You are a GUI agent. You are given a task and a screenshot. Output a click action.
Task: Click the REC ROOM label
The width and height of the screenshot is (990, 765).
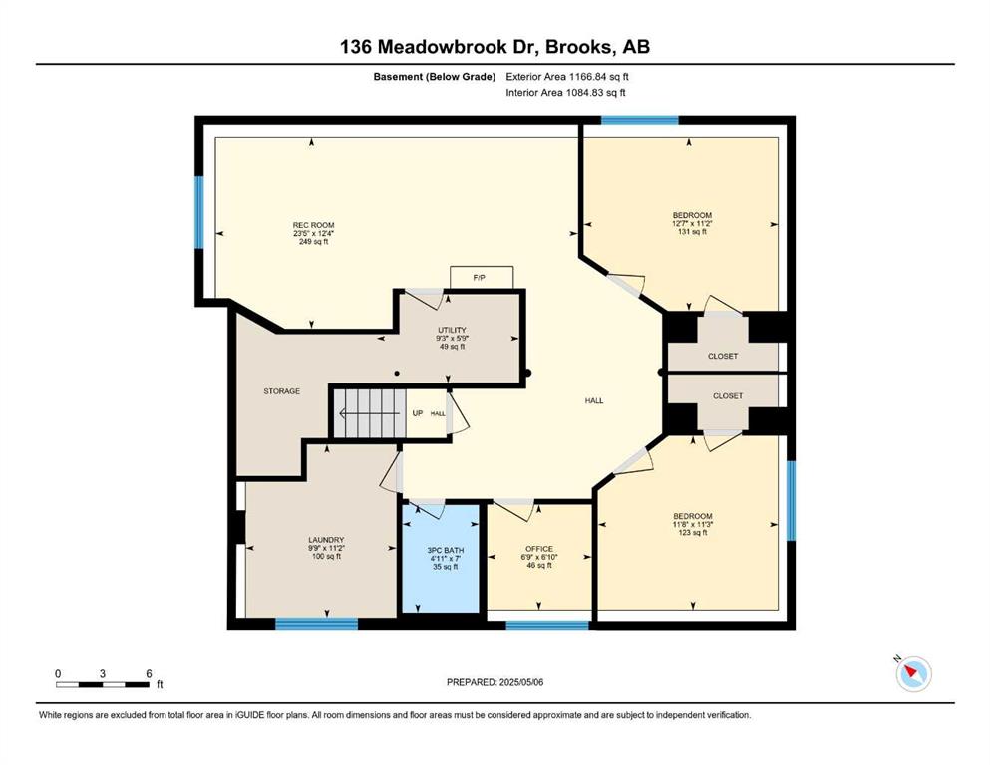(x=314, y=225)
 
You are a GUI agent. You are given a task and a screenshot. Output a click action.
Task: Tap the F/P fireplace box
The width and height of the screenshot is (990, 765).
(x=482, y=278)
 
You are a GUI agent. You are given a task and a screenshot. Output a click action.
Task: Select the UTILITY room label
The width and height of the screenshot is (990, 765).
(x=452, y=330)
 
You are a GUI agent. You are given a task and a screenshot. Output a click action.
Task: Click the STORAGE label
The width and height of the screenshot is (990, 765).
(x=281, y=391)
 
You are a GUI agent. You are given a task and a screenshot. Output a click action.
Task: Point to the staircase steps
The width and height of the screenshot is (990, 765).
(x=369, y=413)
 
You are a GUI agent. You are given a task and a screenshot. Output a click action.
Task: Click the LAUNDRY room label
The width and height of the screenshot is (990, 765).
(x=326, y=540)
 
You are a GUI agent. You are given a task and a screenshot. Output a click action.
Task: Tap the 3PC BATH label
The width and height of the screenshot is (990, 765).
(x=446, y=551)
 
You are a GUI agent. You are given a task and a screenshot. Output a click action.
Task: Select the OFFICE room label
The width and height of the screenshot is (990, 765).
(x=539, y=549)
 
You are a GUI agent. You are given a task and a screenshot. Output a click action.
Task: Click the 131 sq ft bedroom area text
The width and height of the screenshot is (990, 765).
(x=692, y=232)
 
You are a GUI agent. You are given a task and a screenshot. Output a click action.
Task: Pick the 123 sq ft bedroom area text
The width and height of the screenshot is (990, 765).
(x=693, y=533)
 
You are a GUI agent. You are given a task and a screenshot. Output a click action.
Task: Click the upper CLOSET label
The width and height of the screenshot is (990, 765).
(x=723, y=357)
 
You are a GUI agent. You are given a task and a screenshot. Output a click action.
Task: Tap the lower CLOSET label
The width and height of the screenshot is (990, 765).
(x=728, y=396)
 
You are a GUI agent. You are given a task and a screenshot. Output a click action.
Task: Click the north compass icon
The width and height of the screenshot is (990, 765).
(x=913, y=674)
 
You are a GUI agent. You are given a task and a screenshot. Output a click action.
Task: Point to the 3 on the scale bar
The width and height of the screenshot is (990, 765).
(x=103, y=673)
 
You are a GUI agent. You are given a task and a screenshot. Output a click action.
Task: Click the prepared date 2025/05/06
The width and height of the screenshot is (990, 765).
(x=520, y=682)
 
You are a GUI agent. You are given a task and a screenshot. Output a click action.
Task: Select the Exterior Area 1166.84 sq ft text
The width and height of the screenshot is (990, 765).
(x=567, y=77)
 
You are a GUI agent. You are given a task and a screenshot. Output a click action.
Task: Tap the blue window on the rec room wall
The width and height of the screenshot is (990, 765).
(x=199, y=212)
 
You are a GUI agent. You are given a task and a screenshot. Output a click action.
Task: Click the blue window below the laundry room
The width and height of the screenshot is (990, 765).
(x=317, y=624)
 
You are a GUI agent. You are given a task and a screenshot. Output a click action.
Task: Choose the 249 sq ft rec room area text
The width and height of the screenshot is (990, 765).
(x=314, y=241)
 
